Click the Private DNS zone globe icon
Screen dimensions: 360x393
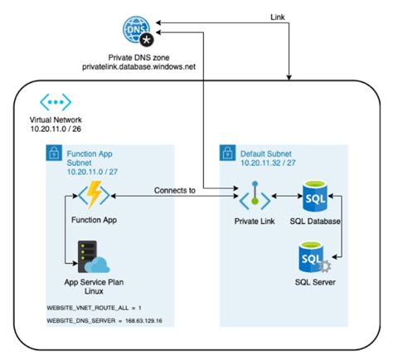138,31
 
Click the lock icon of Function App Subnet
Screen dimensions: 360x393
54,153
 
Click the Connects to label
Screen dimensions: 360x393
175,190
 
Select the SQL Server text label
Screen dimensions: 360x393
317,284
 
